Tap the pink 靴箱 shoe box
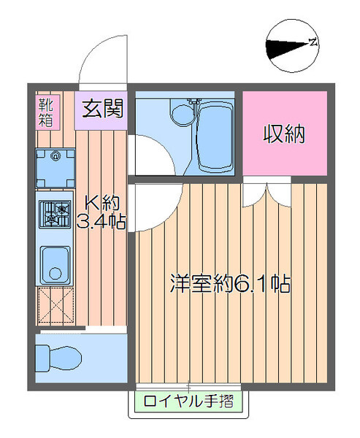point(47,112)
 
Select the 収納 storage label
point(284,134)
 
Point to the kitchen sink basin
point(55,264)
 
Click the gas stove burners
point(55,214)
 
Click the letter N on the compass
point(313,42)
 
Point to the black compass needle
point(288,48)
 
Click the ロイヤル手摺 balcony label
point(188,401)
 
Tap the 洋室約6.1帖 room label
point(230,283)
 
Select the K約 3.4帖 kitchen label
point(102,212)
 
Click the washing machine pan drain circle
point(55,155)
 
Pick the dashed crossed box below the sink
point(55,307)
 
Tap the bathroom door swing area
point(151,155)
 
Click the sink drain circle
point(55,274)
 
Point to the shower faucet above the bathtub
point(194,103)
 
